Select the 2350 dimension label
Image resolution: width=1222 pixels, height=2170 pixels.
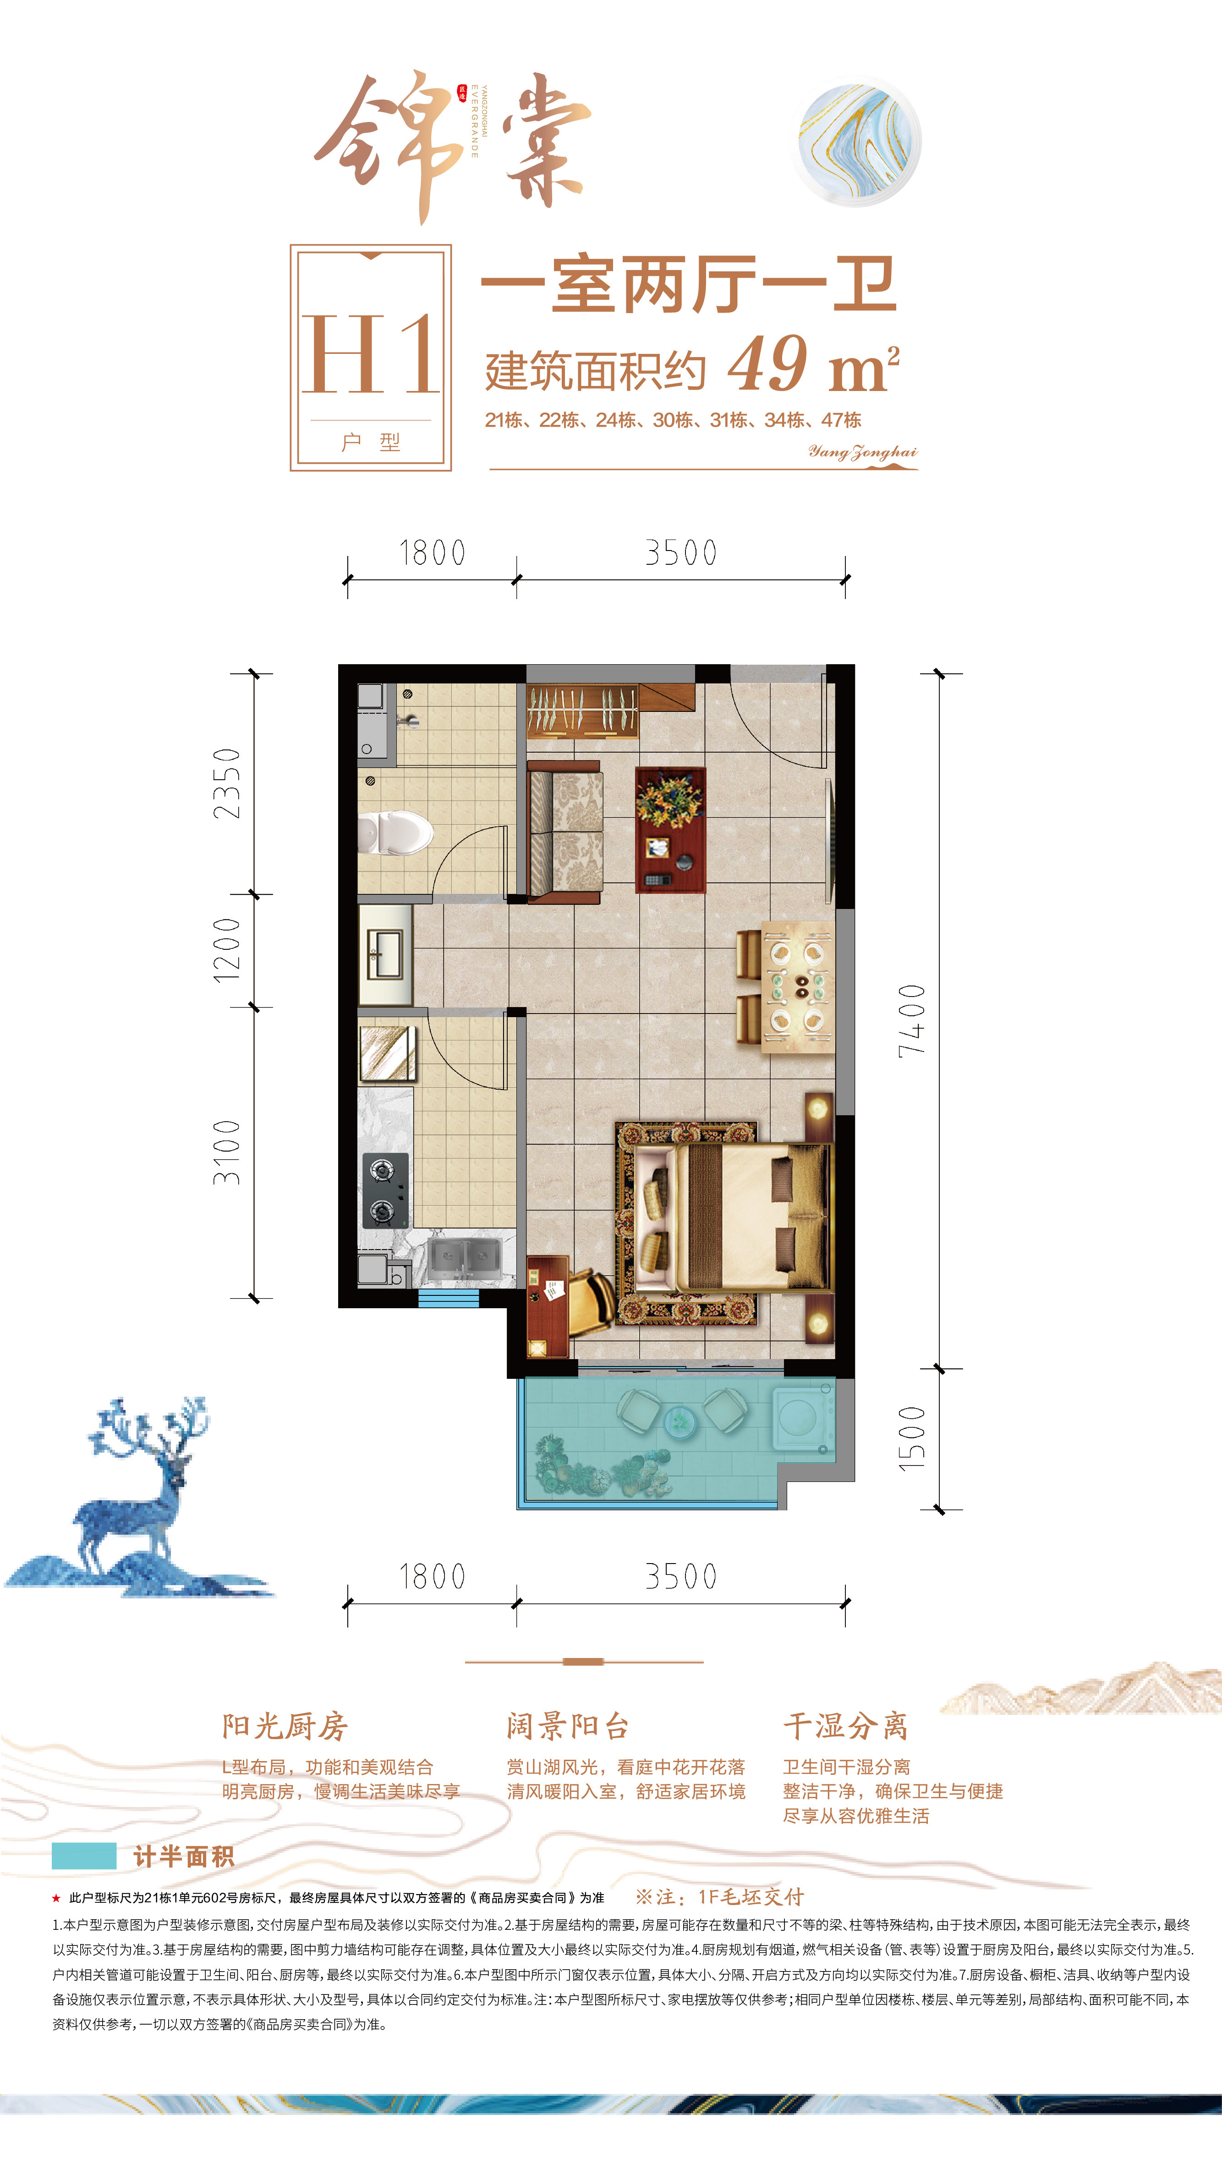tap(226, 783)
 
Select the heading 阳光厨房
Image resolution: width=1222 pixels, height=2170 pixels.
tap(285, 1726)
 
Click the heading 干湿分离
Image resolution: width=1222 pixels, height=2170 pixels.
tap(845, 1726)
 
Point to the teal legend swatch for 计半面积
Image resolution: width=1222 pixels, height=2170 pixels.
tap(84, 1856)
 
